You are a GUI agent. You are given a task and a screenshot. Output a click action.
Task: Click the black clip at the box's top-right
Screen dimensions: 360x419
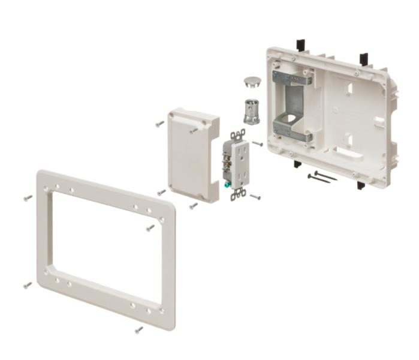(363, 59)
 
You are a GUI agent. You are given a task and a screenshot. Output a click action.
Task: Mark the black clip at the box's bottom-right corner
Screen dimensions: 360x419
(361, 185)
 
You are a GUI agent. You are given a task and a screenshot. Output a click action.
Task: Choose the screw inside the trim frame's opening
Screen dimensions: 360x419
(150, 227)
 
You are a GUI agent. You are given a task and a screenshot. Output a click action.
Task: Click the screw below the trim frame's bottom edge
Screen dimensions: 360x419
(139, 329)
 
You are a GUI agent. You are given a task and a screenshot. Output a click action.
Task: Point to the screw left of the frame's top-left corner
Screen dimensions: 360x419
(28, 197)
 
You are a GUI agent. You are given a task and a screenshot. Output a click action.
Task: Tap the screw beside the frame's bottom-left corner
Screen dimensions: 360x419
(28, 285)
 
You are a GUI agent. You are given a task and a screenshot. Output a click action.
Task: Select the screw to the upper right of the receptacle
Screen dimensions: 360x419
(257, 143)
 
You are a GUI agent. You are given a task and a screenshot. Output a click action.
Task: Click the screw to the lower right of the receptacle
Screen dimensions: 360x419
(255, 196)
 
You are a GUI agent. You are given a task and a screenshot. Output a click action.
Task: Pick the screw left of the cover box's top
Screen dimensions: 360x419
(159, 124)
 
